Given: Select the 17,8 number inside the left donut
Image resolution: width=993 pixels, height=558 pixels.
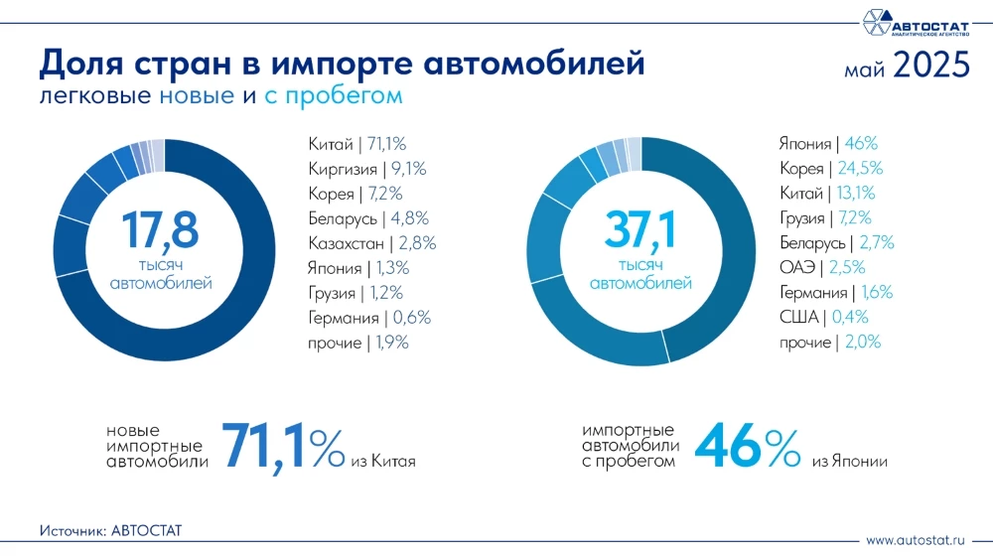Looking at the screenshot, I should pos(160,229).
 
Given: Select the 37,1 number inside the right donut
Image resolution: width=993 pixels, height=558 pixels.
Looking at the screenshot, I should pos(640,229).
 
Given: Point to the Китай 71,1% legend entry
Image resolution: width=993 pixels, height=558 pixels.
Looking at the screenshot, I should pos(358,144).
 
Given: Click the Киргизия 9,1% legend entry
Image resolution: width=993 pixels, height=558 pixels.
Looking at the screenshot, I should pos(368,169).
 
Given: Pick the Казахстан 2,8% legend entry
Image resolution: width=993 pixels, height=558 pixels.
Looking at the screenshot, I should pos(372,243).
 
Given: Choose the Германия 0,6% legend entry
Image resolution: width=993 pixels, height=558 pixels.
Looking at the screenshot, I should pos(369,318).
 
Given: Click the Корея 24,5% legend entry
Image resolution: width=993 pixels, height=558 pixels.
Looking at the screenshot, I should pos(831,169).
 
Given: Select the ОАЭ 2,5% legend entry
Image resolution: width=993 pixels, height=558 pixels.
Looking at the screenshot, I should pos(823,268).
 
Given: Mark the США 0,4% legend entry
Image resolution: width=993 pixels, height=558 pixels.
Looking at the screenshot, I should pos(824,318).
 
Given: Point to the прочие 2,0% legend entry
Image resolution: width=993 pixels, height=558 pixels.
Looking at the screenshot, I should pos(830,343).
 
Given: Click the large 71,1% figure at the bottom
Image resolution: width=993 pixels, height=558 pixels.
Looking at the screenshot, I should pos(283,447).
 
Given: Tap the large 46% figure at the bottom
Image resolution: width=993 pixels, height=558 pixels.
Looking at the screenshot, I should pos(747,447).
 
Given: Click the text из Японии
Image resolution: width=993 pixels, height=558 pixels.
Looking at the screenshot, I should pos(849,462).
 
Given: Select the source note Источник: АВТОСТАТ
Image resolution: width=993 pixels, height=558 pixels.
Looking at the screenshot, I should pos(111,531).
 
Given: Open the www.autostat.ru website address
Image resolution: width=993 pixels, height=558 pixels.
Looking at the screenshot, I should pos(916,541).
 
